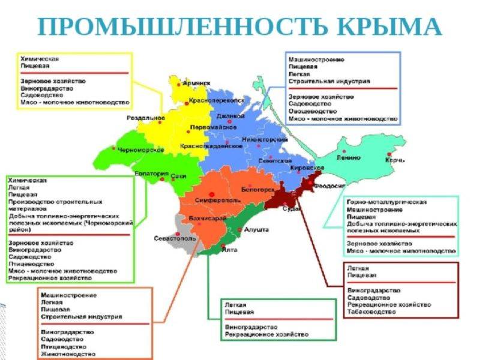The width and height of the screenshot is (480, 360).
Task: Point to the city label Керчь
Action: (x=394, y=160)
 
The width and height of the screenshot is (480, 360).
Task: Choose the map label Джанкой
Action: (x=230, y=115)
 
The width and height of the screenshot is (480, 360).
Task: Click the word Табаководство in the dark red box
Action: (x=371, y=312)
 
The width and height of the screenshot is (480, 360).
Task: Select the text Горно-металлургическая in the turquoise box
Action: (x=387, y=202)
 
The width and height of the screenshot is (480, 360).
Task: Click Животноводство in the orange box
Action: (x=68, y=354)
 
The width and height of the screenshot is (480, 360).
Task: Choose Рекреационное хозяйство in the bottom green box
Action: (x=266, y=334)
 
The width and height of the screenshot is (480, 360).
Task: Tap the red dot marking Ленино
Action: (x=344, y=151)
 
